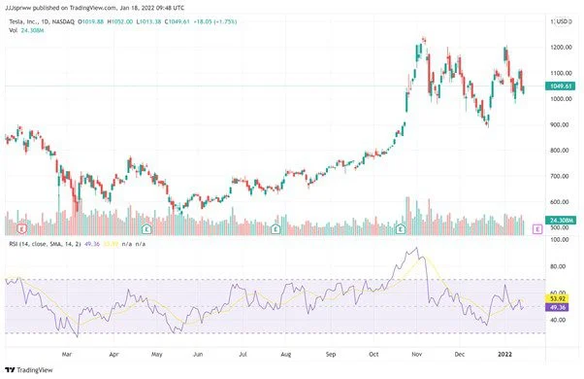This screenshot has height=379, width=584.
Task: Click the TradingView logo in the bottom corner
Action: (x=29, y=369)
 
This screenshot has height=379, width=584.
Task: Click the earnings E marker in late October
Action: (x=402, y=228)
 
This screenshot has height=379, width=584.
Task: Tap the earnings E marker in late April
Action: (x=146, y=228)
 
